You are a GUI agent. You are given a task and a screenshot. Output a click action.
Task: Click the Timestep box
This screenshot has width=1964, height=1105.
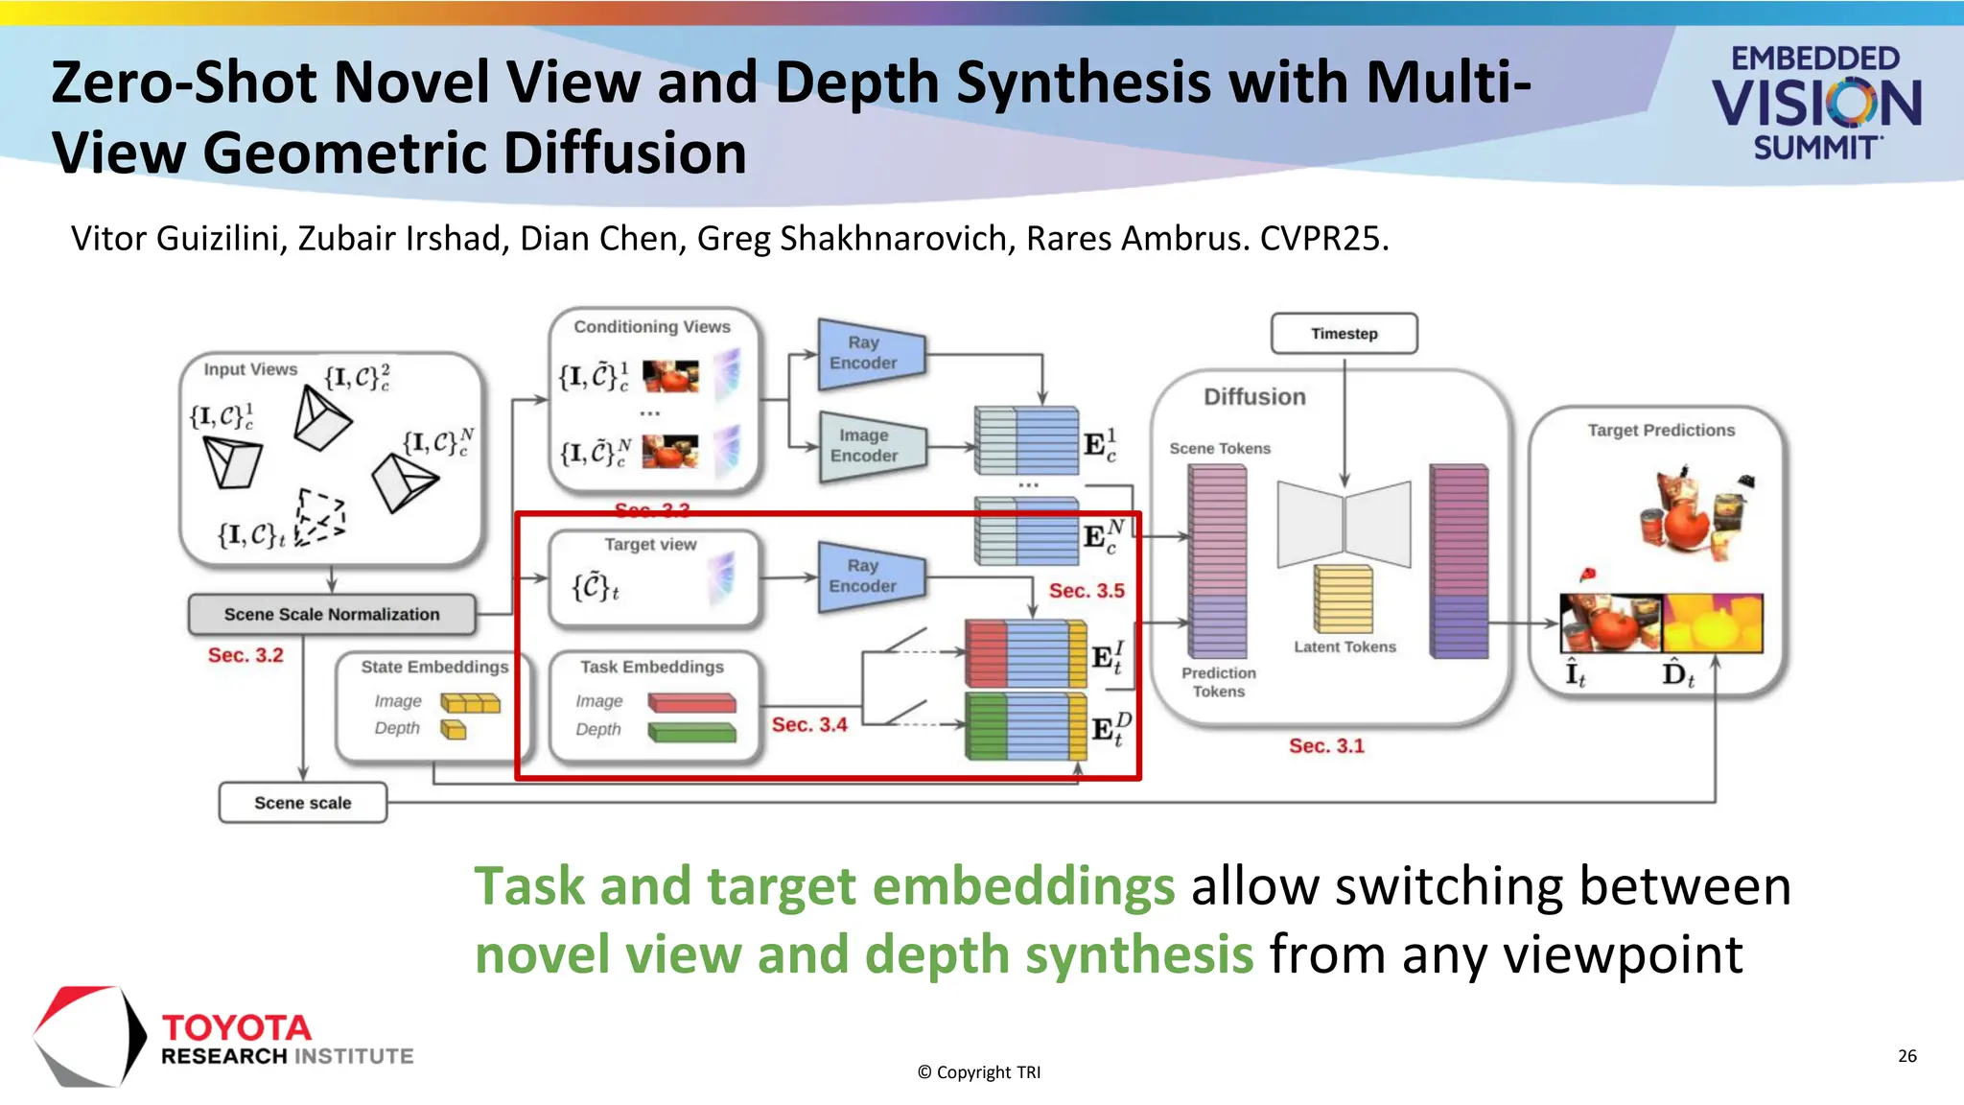pos(1344,334)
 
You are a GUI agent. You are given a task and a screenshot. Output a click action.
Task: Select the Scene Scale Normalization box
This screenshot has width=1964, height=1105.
pos(332,615)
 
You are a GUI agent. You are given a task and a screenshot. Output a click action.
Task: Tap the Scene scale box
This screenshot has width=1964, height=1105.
pos(303,803)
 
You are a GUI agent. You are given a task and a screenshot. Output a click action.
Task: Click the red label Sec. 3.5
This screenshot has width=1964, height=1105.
pos(1086,591)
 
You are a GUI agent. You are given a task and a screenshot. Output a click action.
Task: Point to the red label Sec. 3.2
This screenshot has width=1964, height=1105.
pos(245,655)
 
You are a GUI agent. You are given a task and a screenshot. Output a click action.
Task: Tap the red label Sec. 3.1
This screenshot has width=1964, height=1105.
pos(1325,746)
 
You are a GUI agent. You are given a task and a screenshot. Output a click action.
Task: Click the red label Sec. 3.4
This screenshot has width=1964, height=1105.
pos(809,725)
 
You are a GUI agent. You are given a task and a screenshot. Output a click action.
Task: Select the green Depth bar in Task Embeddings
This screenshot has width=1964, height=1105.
pos(691,733)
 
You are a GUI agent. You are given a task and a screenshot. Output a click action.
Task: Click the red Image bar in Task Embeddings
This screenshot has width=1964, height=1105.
pos(691,703)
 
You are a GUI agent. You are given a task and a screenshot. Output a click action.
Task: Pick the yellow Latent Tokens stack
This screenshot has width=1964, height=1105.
pos(1343,600)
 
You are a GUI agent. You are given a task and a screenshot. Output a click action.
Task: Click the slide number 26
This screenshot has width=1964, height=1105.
pos(1906,1056)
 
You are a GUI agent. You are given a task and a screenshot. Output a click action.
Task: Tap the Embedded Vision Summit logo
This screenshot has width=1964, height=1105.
pos(1816,103)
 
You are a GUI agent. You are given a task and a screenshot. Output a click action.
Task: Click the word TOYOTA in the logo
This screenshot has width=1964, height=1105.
pos(237,1028)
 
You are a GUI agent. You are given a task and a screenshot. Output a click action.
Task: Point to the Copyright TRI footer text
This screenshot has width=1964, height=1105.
pos(979,1072)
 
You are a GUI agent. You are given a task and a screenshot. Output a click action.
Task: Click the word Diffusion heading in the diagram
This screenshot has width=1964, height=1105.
pos(1254,397)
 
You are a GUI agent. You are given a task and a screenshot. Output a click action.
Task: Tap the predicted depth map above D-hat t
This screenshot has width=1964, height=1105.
pos(1712,623)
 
